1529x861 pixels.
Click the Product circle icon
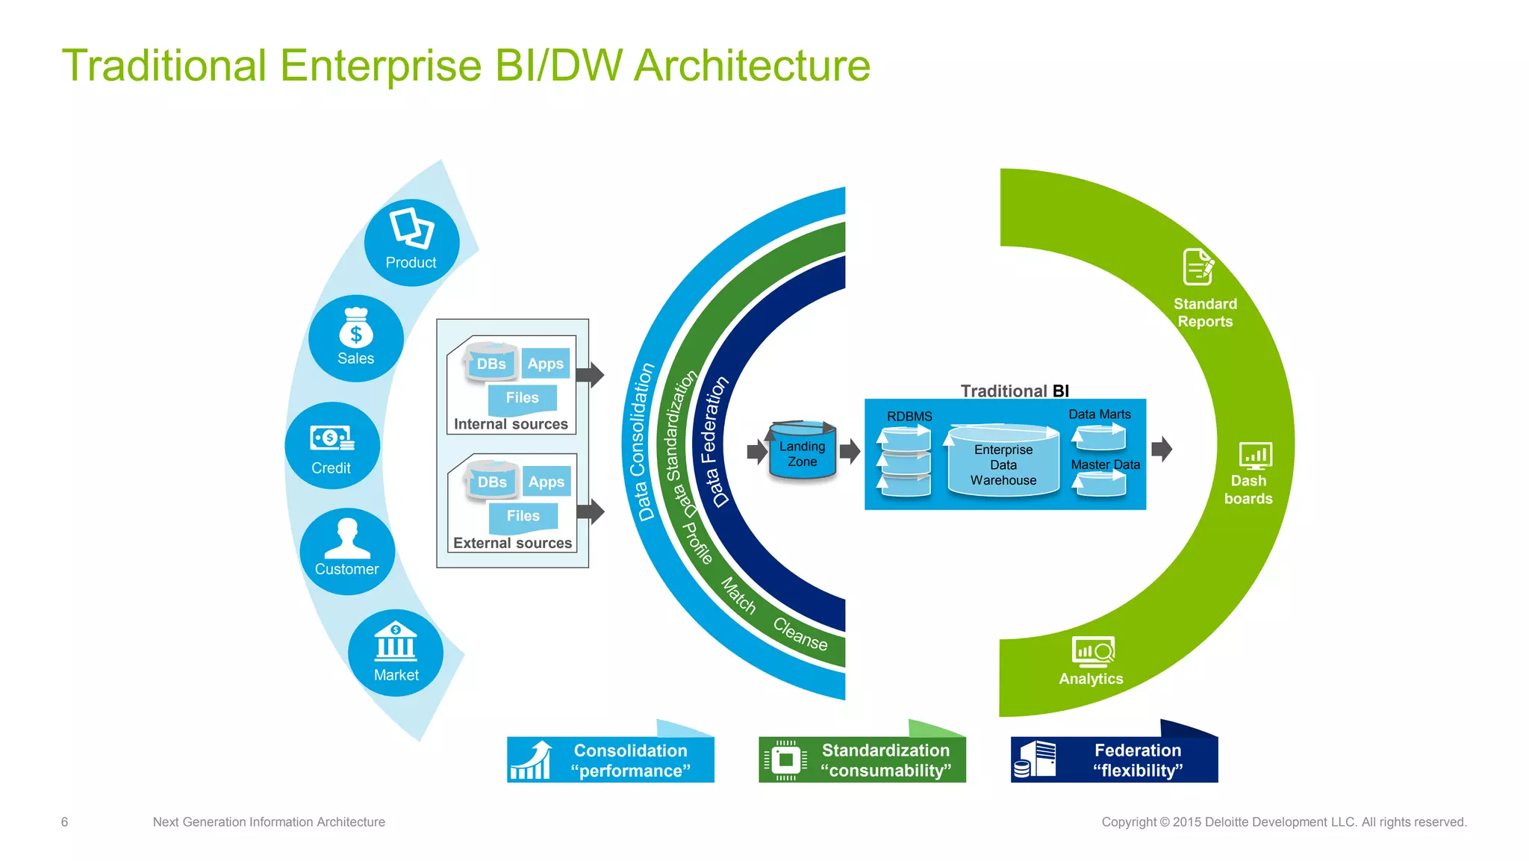(x=411, y=241)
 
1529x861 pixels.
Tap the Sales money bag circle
(x=356, y=338)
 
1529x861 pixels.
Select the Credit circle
(x=332, y=446)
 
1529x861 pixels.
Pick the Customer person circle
(x=347, y=551)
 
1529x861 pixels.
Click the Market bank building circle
(x=396, y=653)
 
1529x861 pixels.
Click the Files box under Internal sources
(x=522, y=398)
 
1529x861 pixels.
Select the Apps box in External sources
(x=546, y=482)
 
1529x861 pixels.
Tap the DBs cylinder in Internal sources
(x=491, y=362)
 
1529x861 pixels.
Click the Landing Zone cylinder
(x=802, y=453)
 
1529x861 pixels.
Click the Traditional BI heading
(x=1014, y=391)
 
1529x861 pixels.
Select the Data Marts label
(x=1099, y=414)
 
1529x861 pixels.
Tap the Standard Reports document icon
(x=1198, y=267)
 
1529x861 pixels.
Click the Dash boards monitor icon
(x=1255, y=455)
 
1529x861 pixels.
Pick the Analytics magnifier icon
(x=1093, y=651)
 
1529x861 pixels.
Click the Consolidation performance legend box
(x=611, y=759)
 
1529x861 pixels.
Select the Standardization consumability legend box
(x=862, y=759)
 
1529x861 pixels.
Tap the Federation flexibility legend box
(x=1114, y=759)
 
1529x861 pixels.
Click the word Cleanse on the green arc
(x=800, y=634)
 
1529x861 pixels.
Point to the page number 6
(x=64, y=821)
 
